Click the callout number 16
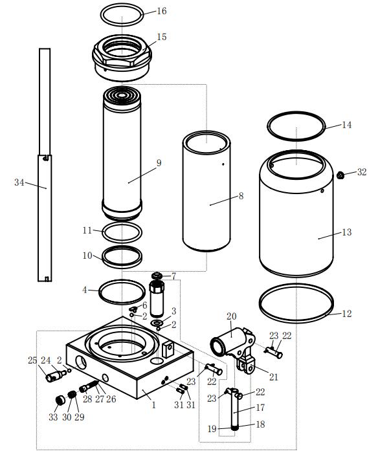pyautogui.click(x=161, y=11)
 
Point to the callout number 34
pyautogui.click(x=20, y=182)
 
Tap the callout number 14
pyautogui.click(x=346, y=124)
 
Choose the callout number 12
pyautogui.click(x=346, y=314)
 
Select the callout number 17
pyautogui.click(x=260, y=408)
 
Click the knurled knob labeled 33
pyautogui.click(x=59, y=401)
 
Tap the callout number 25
pyautogui.click(x=32, y=360)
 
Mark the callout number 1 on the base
pyautogui.click(x=153, y=405)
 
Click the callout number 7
pyautogui.click(x=173, y=276)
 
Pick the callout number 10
pyautogui.click(x=88, y=256)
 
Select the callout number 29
pyautogui.click(x=78, y=417)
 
